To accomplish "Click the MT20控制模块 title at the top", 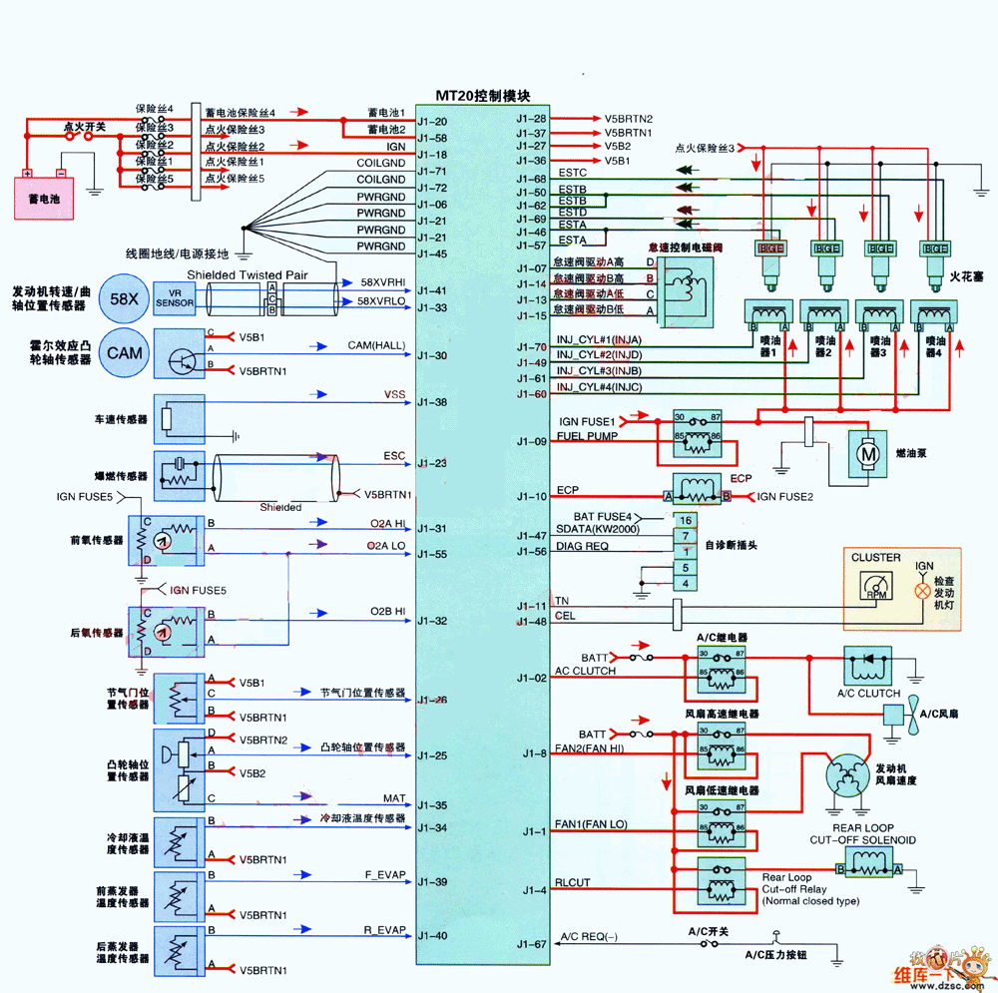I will click(482, 96).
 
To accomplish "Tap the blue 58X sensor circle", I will click(124, 298).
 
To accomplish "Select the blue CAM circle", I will click(124, 352).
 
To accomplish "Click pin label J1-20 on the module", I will click(432, 122).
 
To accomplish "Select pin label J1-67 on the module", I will click(531, 944).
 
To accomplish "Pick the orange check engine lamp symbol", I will click(924, 591).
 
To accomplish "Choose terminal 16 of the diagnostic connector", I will click(685, 520).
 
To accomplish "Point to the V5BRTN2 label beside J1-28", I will click(628, 119).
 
